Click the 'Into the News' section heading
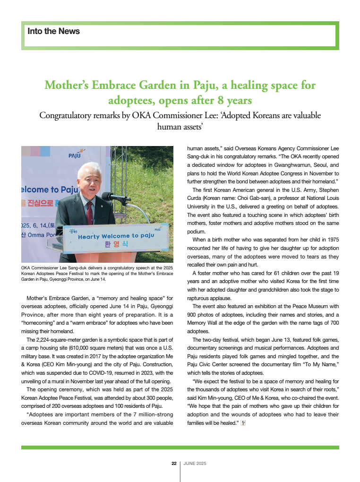pos(54,32)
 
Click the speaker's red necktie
pos(89,213)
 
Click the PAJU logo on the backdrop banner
pos(75,154)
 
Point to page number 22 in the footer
pos(174,464)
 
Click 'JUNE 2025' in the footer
pos(195,464)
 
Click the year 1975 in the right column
pos(330,240)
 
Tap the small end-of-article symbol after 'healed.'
pos(243,423)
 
